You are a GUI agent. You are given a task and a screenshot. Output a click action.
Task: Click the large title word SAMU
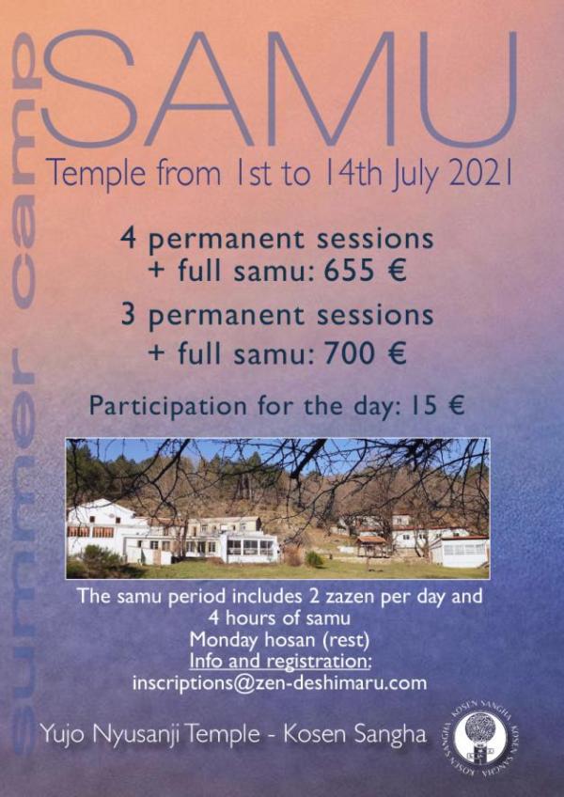279,89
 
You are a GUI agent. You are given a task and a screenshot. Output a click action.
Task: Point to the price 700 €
365,353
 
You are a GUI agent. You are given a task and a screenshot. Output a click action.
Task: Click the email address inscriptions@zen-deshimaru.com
279,683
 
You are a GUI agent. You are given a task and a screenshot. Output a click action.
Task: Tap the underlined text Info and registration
281,662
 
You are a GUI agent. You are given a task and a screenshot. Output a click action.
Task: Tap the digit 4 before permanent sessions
129,239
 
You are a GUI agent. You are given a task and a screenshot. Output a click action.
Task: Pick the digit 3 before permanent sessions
129,315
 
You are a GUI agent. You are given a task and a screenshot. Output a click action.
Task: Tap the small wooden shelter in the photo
371,546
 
